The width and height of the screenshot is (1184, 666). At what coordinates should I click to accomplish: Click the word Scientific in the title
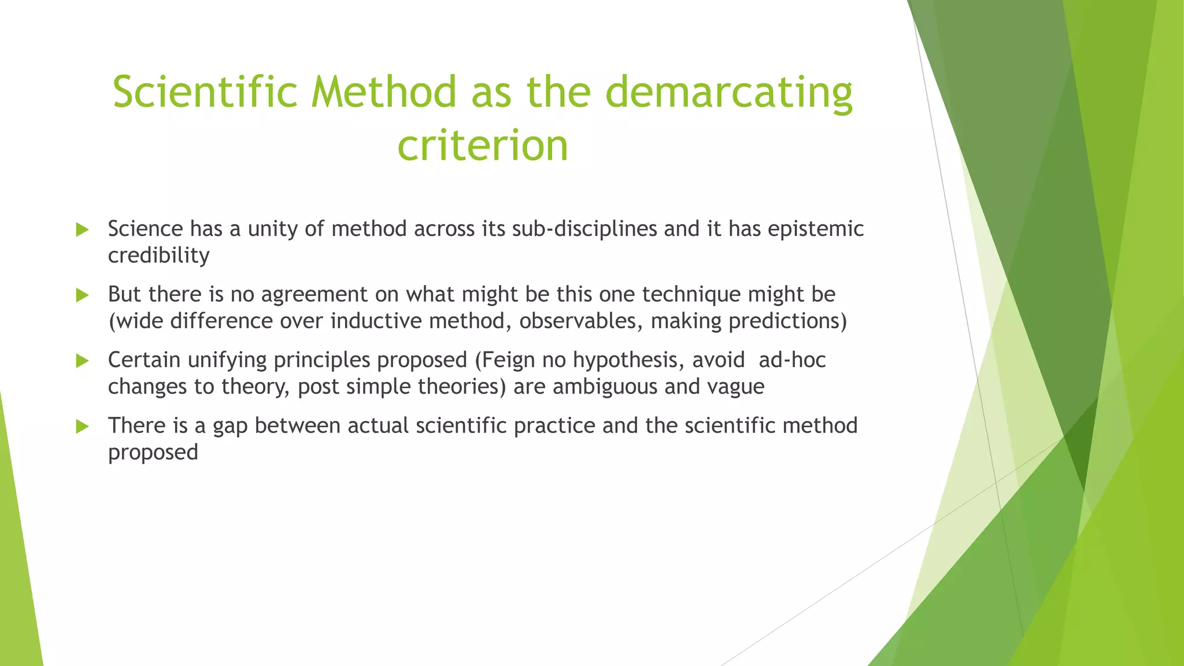click(x=205, y=92)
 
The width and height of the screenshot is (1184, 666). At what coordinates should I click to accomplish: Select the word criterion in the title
click(x=483, y=146)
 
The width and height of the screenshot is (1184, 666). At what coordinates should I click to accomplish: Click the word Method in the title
click(x=384, y=92)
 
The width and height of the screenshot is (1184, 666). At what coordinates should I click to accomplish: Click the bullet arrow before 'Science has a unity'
click(x=82, y=230)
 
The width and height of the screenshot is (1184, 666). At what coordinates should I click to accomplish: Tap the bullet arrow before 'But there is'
click(x=82, y=295)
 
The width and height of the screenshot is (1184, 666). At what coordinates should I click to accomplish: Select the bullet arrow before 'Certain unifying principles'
click(x=82, y=361)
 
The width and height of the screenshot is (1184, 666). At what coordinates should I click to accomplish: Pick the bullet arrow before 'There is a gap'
click(x=82, y=427)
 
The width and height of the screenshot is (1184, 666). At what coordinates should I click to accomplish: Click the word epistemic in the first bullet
click(x=816, y=230)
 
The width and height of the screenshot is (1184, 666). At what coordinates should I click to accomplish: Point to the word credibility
click(x=158, y=256)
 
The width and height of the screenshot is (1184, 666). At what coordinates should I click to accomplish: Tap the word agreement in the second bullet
click(x=314, y=295)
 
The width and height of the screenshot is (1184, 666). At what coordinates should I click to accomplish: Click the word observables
click(x=581, y=321)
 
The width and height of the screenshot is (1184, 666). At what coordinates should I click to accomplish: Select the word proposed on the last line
click(x=153, y=453)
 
